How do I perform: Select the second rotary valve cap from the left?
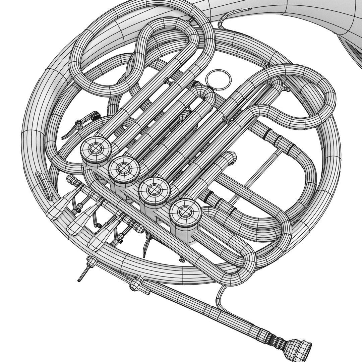(124, 168)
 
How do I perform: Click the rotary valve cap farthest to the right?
(185, 211)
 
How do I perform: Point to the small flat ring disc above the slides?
(219, 80)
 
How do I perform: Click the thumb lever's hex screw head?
(78, 123)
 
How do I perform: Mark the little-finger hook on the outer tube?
(44, 186)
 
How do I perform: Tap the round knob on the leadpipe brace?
(135, 284)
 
